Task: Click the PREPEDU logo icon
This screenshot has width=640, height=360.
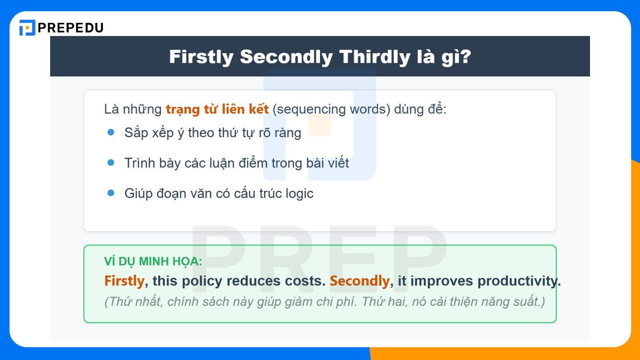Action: coord(27,28)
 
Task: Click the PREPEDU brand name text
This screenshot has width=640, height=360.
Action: coord(71,28)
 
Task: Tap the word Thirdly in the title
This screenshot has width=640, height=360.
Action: coord(375,57)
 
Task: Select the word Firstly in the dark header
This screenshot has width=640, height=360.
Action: coord(201,57)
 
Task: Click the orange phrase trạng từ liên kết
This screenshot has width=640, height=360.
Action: coord(217,109)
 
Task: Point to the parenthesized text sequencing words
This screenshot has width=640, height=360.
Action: coord(331,109)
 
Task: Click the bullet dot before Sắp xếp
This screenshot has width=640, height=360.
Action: coord(111,132)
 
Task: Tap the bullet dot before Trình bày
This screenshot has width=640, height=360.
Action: coord(111,162)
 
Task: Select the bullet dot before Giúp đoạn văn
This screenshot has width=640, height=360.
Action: coord(111,193)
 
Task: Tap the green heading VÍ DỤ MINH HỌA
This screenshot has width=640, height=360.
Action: coord(153,262)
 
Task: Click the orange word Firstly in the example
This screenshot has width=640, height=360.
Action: coord(124,281)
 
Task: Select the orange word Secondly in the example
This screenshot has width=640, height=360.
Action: coord(359,281)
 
